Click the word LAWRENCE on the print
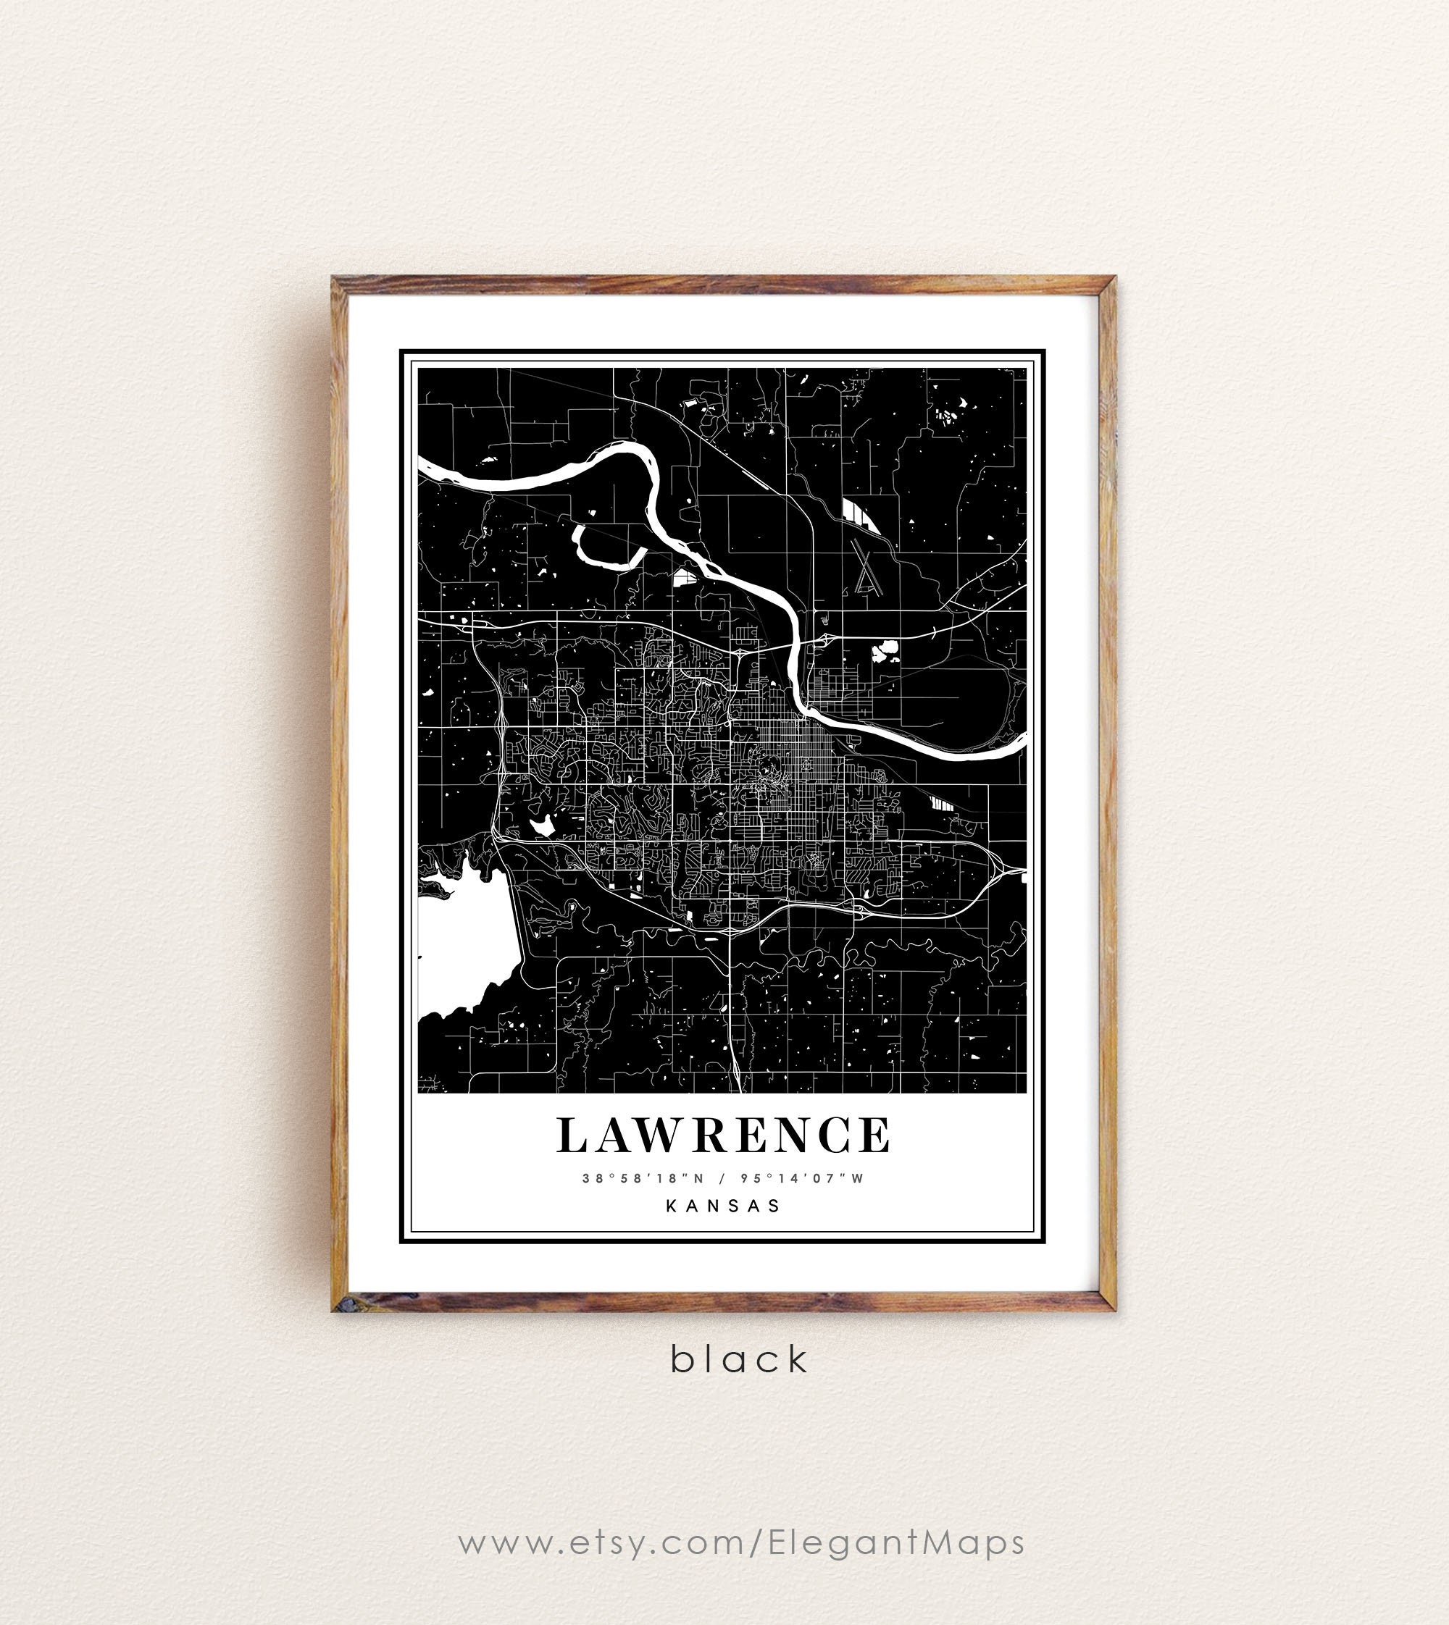[723, 1135]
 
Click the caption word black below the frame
[739, 1360]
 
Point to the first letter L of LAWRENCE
[569, 1135]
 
